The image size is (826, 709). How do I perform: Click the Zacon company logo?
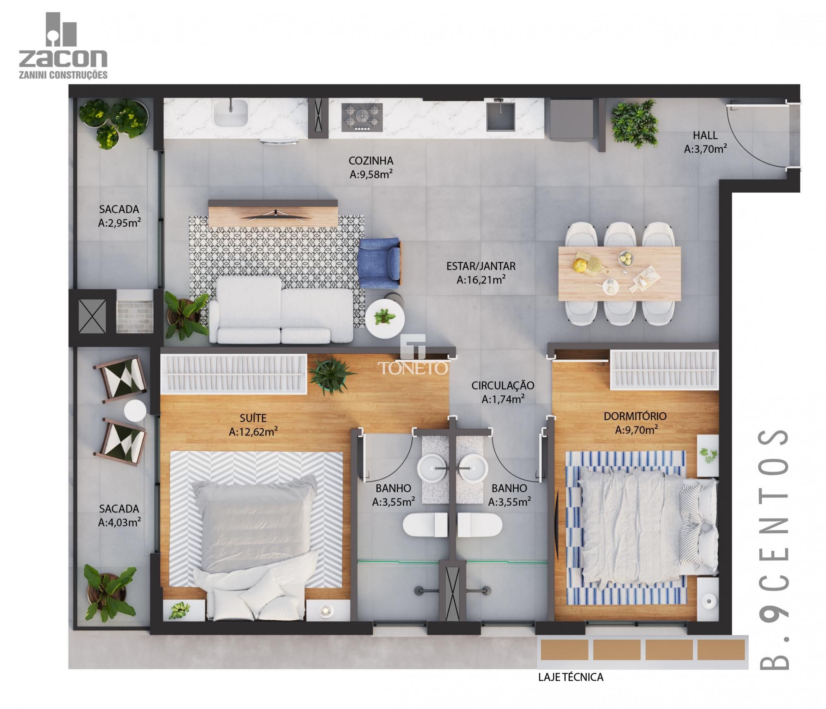coord(63,45)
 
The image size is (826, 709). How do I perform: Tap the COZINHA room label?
coord(371,161)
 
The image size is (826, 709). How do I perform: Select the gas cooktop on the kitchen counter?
coord(362,117)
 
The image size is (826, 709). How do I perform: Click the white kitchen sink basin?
coord(230,112)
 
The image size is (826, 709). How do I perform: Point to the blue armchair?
coord(379,263)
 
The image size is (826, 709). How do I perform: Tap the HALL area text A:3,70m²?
coord(705,149)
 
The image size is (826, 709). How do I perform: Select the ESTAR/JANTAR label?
coord(481,266)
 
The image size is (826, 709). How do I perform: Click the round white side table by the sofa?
coord(385,319)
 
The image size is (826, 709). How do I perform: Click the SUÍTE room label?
coord(253,417)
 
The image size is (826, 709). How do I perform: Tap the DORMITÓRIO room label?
coord(635,416)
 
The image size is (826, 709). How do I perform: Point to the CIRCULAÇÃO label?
coord(502,385)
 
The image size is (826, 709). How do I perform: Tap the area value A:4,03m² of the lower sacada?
coord(119,523)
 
